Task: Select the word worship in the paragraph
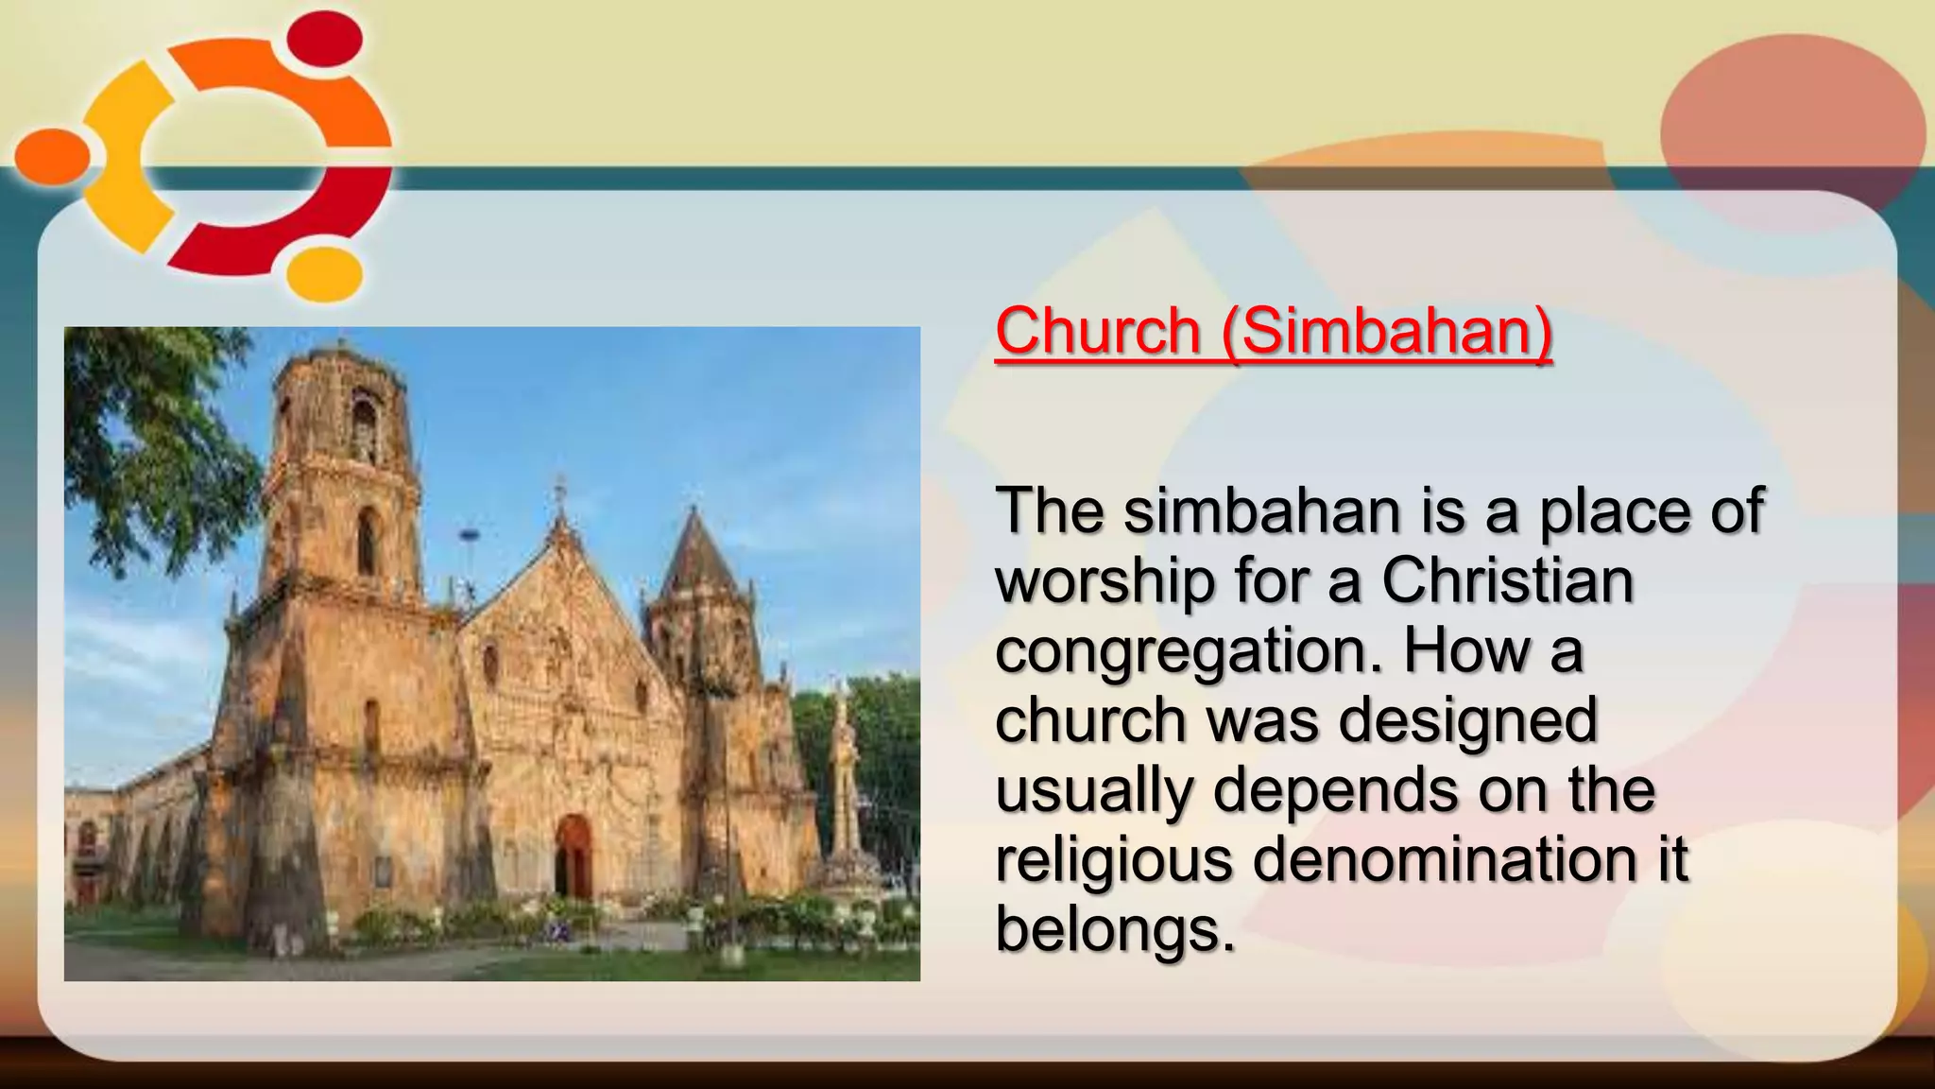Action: point(1104,581)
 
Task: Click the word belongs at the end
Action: point(1115,929)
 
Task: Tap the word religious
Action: point(1113,861)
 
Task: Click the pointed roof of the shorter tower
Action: point(698,558)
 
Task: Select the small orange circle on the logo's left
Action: point(52,157)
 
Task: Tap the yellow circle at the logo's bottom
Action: point(325,274)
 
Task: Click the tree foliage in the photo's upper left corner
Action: point(142,406)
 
